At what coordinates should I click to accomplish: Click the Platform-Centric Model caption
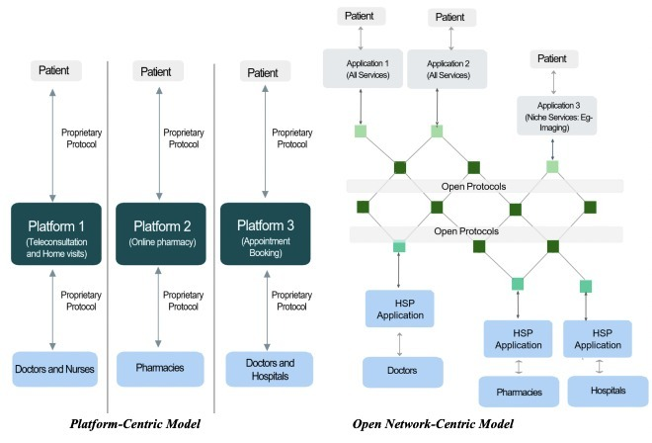(135, 422)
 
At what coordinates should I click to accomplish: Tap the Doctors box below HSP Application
(401, 372)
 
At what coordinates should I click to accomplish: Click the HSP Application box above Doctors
(400, 309)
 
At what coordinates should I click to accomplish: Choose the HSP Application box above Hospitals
(599, 337)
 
